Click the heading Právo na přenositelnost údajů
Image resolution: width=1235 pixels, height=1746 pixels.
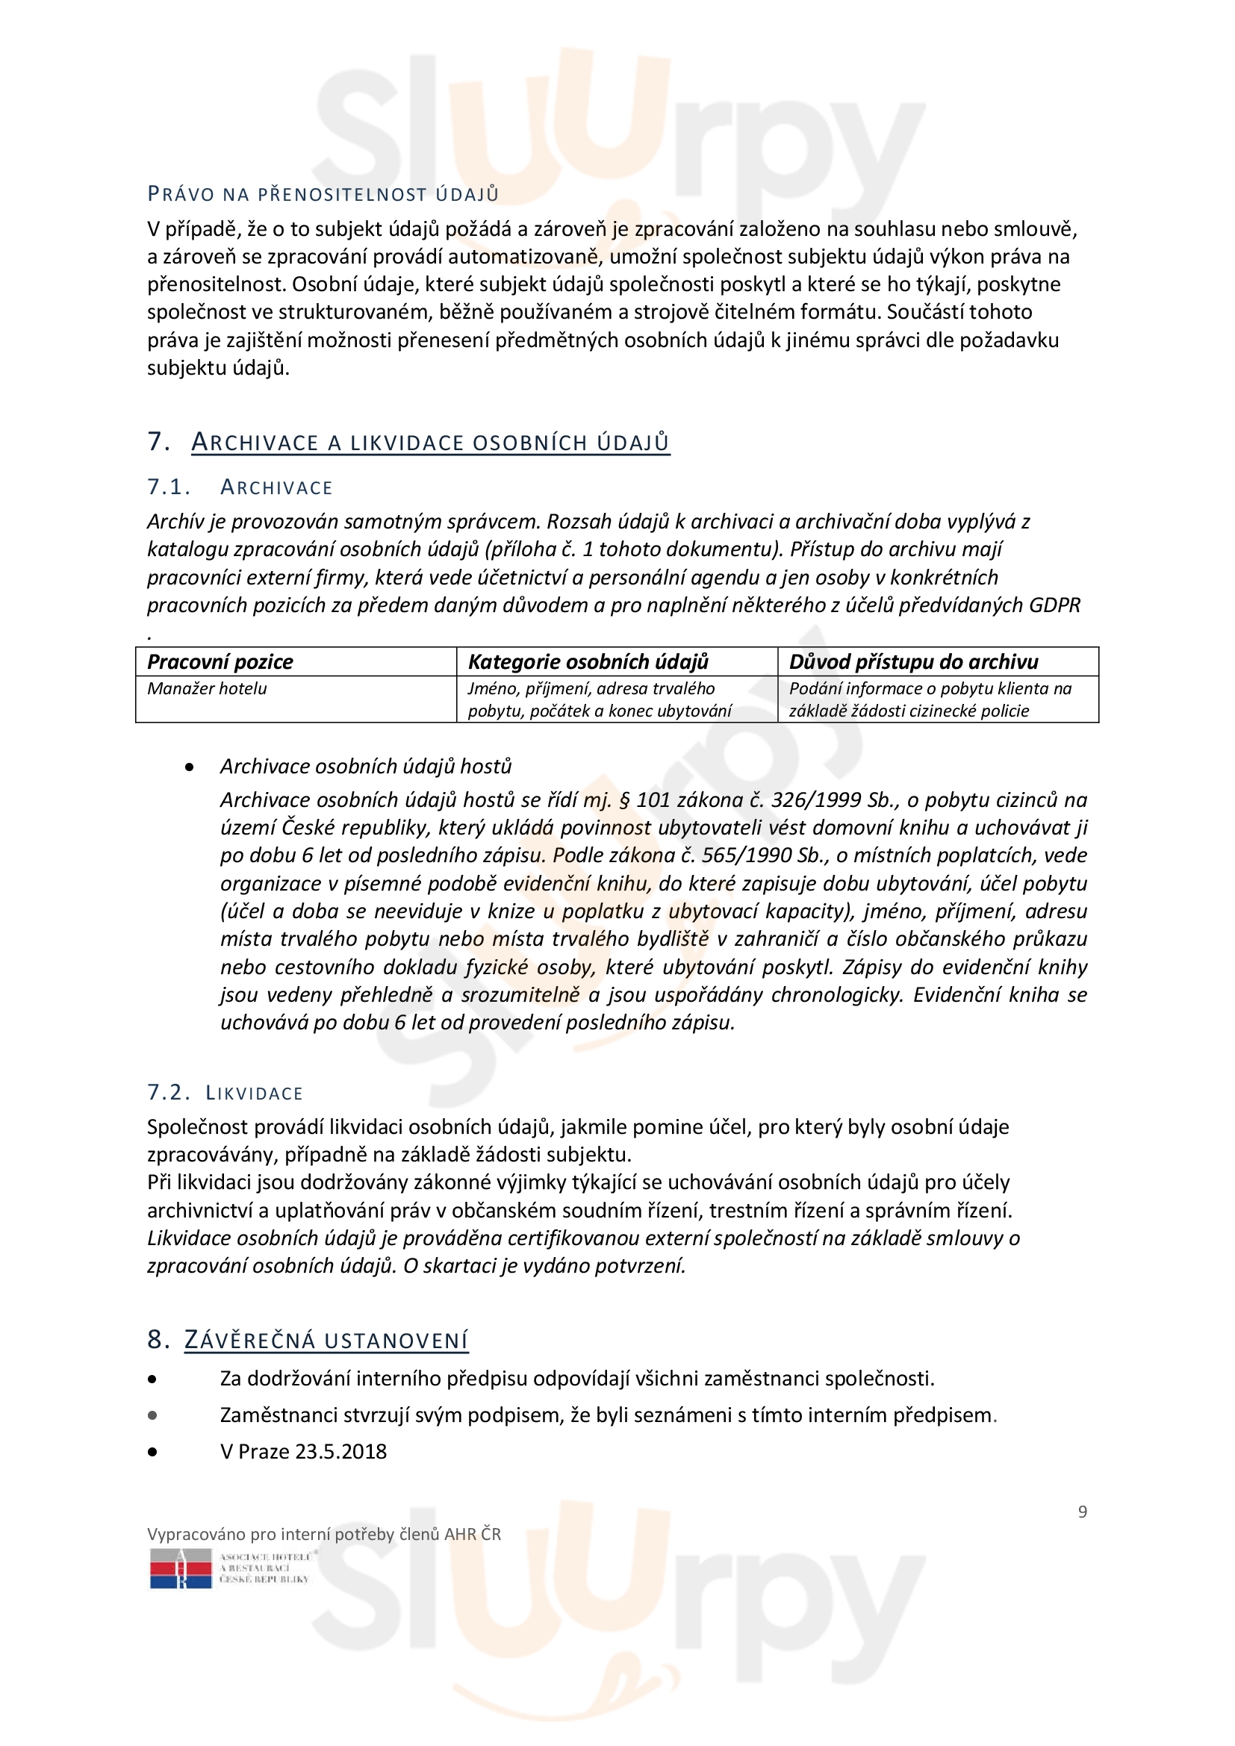pyautogui.click(x=323, y=195)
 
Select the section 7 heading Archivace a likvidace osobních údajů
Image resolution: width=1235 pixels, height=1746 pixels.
pyautogui.click(x=429, y=443)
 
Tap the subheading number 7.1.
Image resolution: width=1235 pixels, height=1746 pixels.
pyautogui.click(x=168, y=487)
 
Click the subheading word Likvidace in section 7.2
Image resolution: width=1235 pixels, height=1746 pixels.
pyautogui.click(x=254, y=1094)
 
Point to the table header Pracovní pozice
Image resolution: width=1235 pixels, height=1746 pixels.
pyautogui.click(x=220, y=661)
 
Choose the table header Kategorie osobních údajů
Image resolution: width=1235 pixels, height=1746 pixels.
pyautogui.click(x=588, y=661)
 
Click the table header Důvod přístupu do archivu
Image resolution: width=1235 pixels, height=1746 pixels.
pyautogui.click(x=913, y=661)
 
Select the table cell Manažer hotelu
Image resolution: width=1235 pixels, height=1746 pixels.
pyautogui.click(x=207, y=689)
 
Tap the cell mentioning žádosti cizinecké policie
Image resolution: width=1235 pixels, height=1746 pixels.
pyautogui.click(x=909, y=711)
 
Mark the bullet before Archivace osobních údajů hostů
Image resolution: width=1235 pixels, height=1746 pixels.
pyautogui.click(x=190, y=767)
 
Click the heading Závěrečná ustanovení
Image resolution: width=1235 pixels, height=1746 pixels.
pyautogui.click(x=326, y=1341)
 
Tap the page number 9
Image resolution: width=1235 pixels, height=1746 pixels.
pyautogui.click(x=1082, y=1512)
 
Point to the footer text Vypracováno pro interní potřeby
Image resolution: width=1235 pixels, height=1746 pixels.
pyautogui.click(x=323, y=1535)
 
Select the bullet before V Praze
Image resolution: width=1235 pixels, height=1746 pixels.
pyautogui.click(x=153, y=1452)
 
